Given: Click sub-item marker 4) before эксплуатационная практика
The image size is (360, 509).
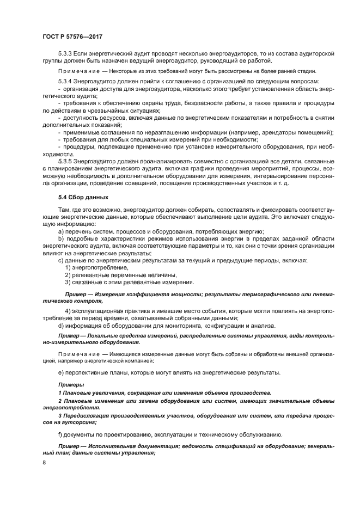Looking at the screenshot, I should pyautogui.click(x=68, y=311).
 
